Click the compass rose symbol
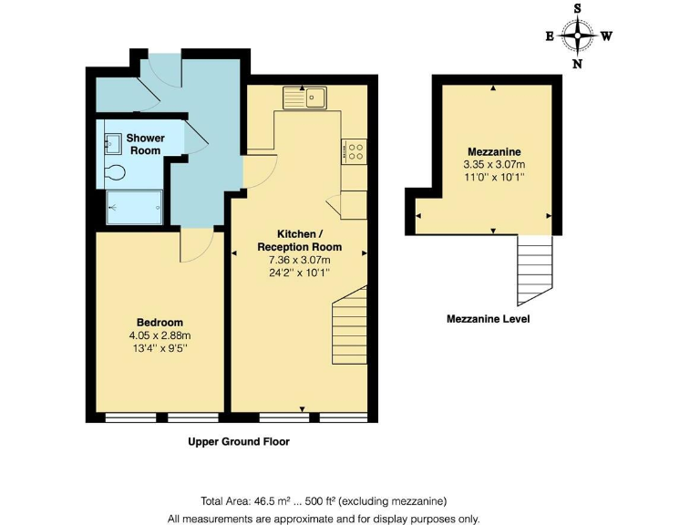click(x=578, y=36)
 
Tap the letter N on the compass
click(x=578, y=65)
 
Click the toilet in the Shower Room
click(x=115, y=172)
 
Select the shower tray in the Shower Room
click(x=134, y=206)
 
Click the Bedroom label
click(x=160, y=323)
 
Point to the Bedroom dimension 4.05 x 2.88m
click(x=160, y=335)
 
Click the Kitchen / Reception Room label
click(x=299, y=241)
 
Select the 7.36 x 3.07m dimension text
click(x=299, y=260)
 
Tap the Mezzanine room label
click(x=494, y=151)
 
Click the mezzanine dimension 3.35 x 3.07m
click(x=494, y=165)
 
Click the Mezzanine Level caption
click(x=488, y=319)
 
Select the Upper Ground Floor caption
click(x=238, y=442)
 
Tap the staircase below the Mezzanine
click(x=535, y=270)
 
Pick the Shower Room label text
click(x=144, y=144)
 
